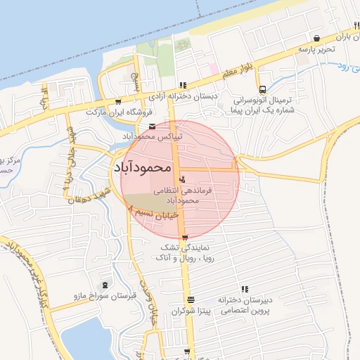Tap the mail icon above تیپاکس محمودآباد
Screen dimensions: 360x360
pyautogui.click(x=153, y=127)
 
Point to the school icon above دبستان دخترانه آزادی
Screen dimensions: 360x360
pyautogui.click(x=183, y=85)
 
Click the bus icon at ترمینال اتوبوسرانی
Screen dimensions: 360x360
pyautogui.click(x=262, y=89)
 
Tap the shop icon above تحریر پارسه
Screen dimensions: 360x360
pyautogui.click(x=317, y=38)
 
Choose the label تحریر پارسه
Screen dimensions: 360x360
pyautogui.click(x=316, y=50)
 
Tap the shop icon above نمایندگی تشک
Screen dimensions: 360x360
pyautogui.click(x=184, y=238)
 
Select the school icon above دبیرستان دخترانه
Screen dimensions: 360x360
pyautogui.click(x=245, y=289)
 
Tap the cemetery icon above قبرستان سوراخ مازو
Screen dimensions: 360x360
pyautogui.click(x=105, y=285)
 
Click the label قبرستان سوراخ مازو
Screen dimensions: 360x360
pyautogui.click(x=104, y=297)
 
